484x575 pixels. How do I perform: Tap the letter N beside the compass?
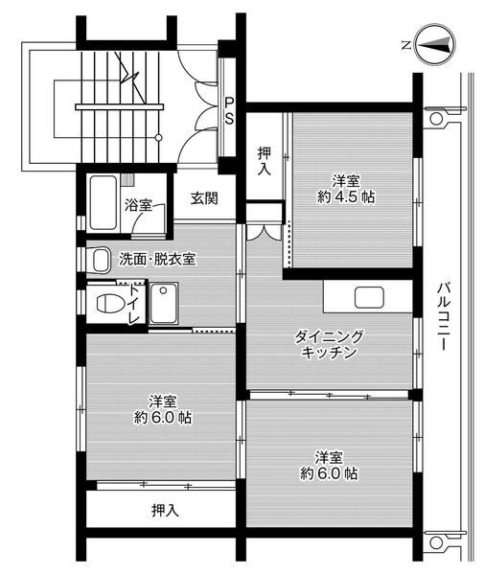click(405, 44)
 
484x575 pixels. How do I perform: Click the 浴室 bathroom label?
click(138, 204)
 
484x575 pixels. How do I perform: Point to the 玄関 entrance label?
click(203, 198)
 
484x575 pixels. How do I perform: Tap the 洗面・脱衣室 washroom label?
click(158, 258)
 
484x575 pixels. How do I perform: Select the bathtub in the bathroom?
click(103, 201)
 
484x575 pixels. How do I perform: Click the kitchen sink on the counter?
click(369, 297)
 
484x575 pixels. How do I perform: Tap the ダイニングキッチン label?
click(329, 344)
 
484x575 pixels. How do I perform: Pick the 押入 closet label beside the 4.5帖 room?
click(265, 159)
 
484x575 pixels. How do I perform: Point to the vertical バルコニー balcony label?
click(443, 315)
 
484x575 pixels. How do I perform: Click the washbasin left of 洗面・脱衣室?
click(98, 259)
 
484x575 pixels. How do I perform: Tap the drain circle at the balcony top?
click(436, 120)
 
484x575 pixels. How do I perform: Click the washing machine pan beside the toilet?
click(165, 306)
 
